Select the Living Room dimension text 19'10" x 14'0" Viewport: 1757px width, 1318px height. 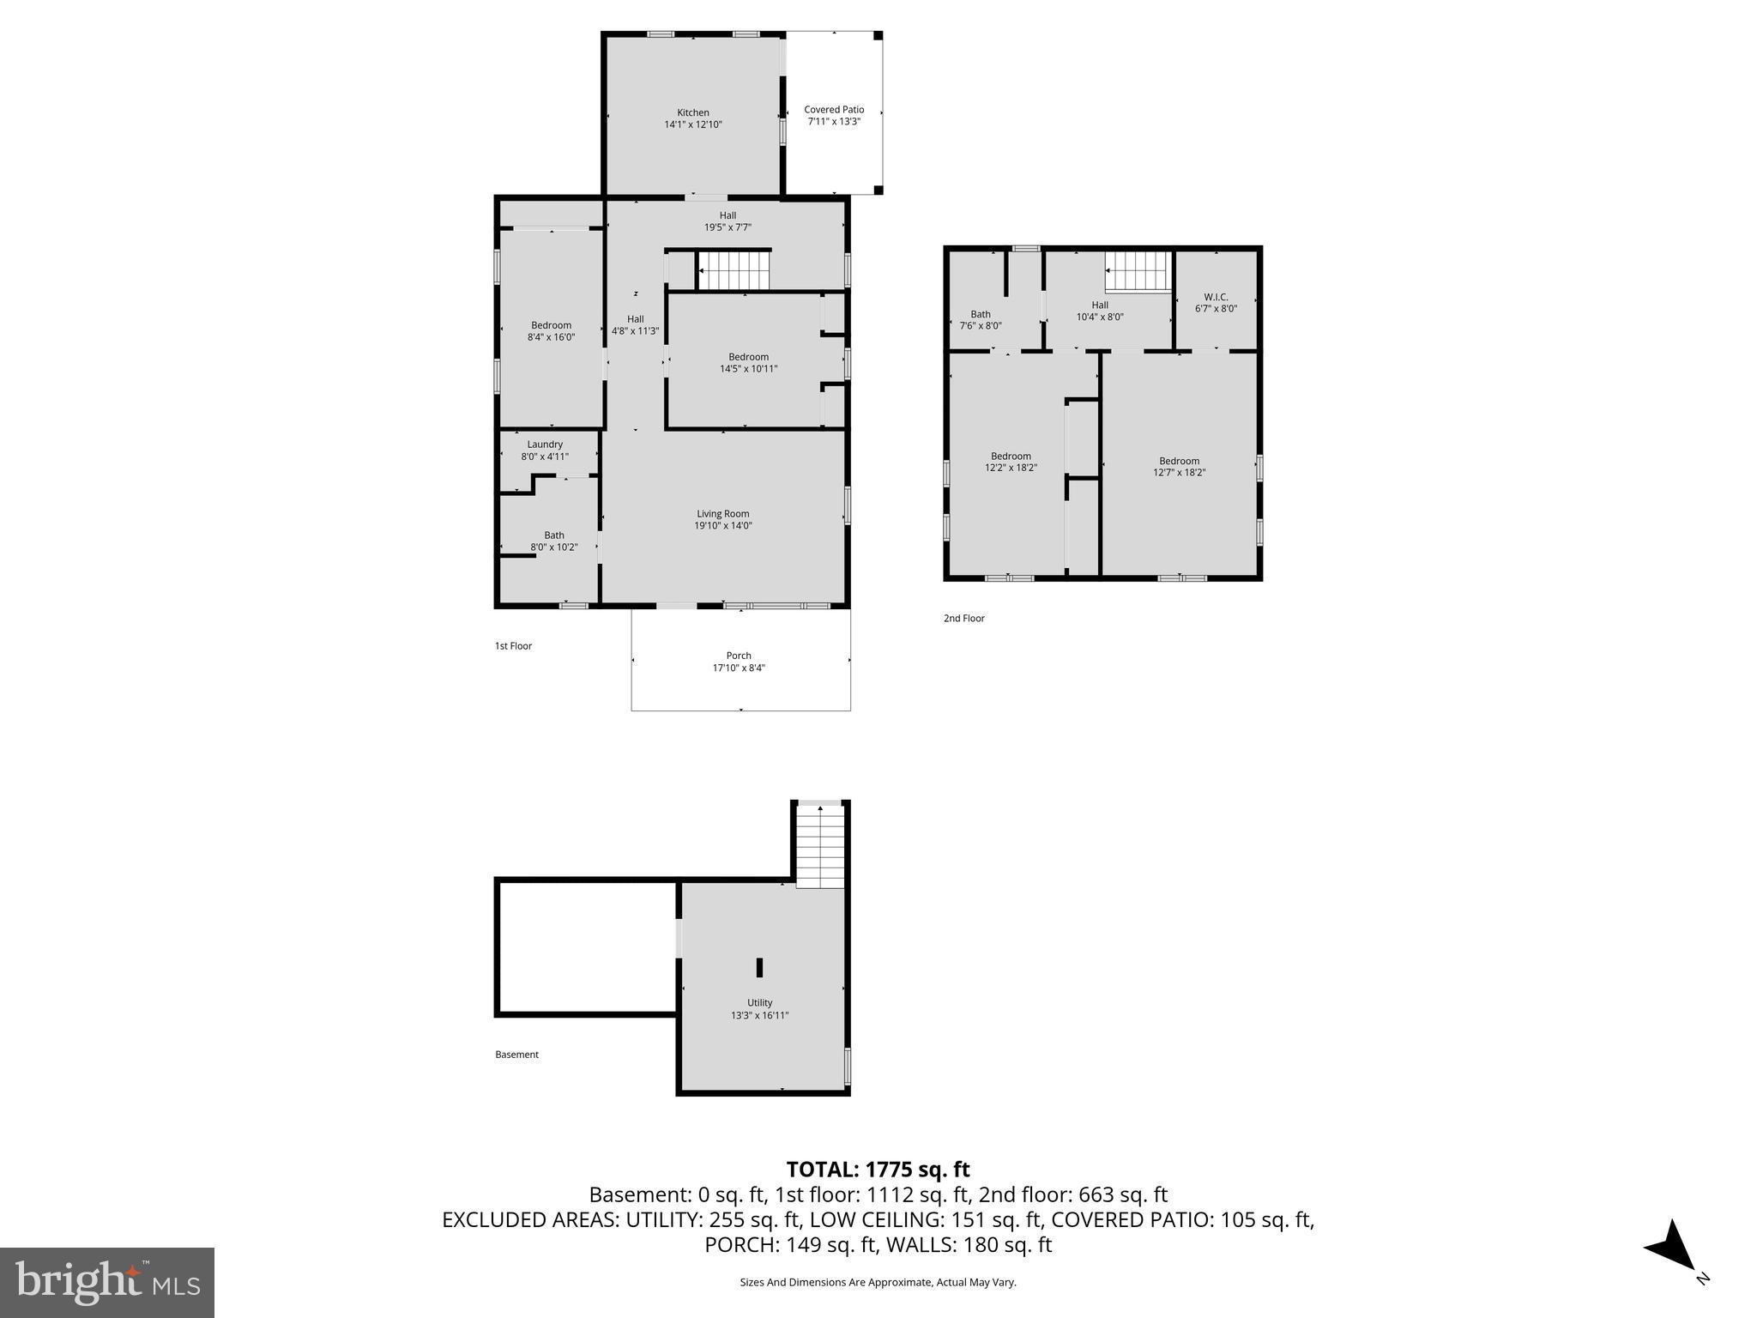click(x=723, y=526)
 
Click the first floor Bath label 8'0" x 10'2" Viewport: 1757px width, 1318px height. click(x=554, y=541)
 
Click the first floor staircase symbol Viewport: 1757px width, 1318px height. click(x=734, y=269)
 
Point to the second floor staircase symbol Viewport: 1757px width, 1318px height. click(x=1138, y=271)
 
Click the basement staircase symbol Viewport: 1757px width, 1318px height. click(x=821, y=845)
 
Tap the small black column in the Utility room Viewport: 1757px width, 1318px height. click(x=759, y=967)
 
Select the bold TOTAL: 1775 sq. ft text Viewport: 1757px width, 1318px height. click(x=878, y=1170)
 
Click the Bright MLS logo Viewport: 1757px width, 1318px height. click(x=107, y=1282)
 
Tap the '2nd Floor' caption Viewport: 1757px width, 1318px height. click(x=963, y=618)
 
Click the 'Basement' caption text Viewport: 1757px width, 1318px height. click(x=516, y=1055)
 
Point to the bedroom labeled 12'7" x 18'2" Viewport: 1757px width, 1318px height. click(x=1179, y=466)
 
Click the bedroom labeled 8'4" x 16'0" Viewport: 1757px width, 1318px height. click(x=551, y=331)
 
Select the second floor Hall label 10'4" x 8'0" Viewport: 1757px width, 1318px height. click(x=1100, y=311)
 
